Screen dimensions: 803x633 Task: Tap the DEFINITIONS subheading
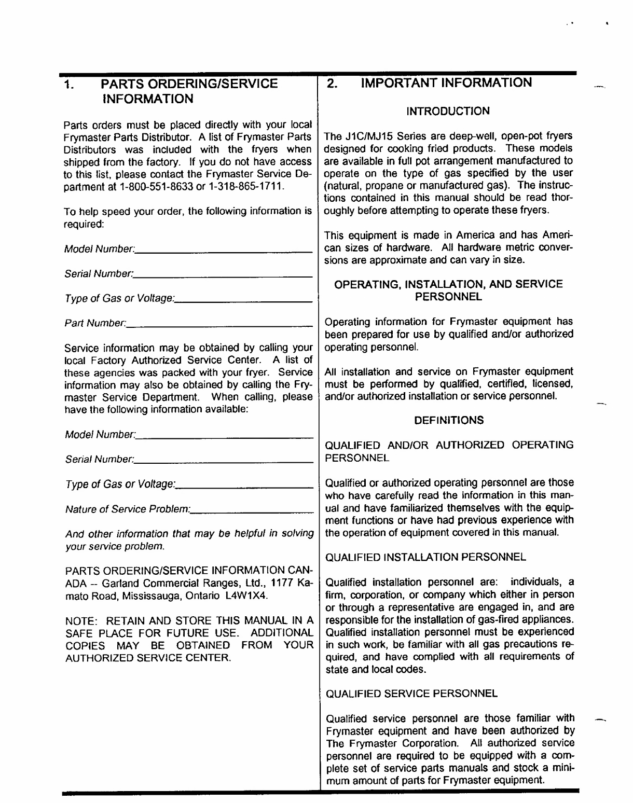pos(449,420)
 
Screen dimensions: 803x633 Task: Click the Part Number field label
pos(94,324)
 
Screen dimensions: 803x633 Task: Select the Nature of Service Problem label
pos(127,509)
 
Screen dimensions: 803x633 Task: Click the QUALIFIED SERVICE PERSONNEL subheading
pos(411,693)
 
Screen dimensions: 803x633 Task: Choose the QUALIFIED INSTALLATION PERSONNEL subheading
pos(425,557)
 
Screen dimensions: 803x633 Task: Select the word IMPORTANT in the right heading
pos(397,83)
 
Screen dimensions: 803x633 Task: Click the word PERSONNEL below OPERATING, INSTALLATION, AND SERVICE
pos(449,297)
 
